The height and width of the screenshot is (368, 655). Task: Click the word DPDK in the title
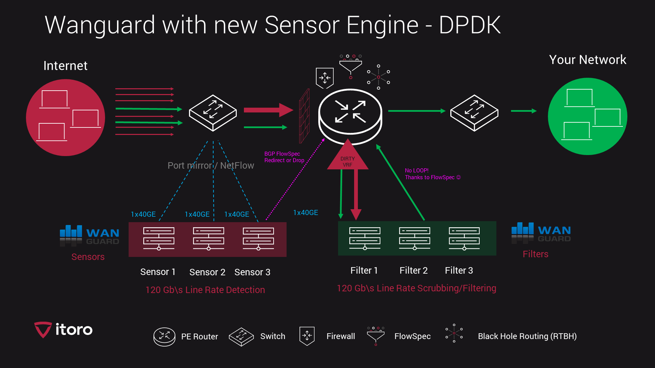469,25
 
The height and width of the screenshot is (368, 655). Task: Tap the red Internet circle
65,118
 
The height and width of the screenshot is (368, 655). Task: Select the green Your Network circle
587,116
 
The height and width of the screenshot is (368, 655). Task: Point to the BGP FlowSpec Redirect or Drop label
284,157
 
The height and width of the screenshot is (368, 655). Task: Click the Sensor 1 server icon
159,239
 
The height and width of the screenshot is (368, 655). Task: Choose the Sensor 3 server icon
258,239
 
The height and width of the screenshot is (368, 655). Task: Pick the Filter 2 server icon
414,238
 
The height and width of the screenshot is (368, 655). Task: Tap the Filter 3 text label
459,271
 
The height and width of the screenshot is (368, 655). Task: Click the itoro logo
63,329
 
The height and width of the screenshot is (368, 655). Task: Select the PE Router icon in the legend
164,337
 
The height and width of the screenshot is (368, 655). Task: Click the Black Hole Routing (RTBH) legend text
527,336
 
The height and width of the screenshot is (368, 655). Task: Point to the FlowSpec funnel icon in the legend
376,336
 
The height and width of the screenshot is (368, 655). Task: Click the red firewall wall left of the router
304,116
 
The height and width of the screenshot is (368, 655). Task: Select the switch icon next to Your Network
474,112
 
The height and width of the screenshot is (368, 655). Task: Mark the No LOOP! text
417,170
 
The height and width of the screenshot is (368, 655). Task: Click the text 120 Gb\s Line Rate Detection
205,290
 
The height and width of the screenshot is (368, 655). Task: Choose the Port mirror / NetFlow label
210,166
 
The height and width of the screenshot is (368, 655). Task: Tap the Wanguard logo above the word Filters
541,233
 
